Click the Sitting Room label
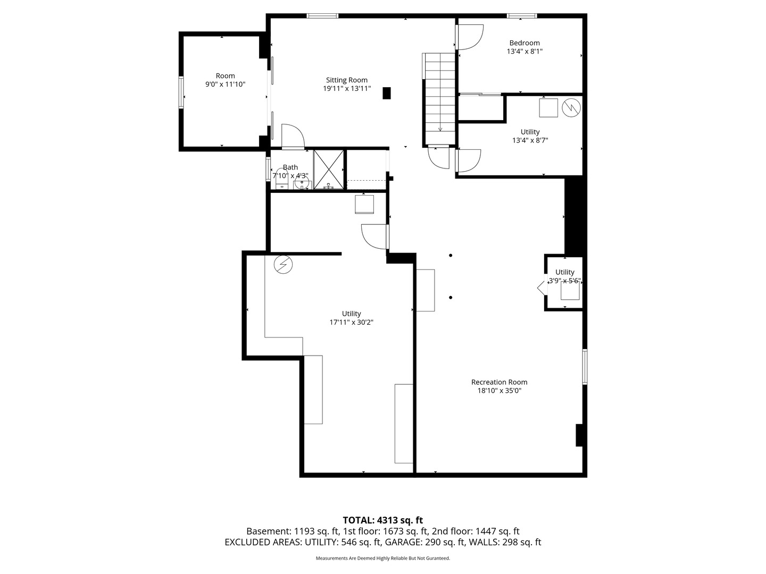click(x=346, y=80)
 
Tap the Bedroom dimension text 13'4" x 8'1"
click(x=524, y=52)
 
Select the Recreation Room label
click(x=499, y=382)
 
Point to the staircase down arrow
click(x=440, y=128)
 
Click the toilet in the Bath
click(x=281, y=179)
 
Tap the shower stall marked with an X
click(x=329, y=169)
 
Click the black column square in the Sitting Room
click(x=387, y=93)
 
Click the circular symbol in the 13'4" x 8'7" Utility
click(x=572, y=108)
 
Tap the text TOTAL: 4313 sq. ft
click(x=382, y=520)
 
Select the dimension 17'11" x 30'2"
click(x=351, y=322)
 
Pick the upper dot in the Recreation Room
click(x=451, y=256)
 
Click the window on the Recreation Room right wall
click(x=585, y=366)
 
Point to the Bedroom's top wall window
click(x=521, y=16)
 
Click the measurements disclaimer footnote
click(x=382, y=559)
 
